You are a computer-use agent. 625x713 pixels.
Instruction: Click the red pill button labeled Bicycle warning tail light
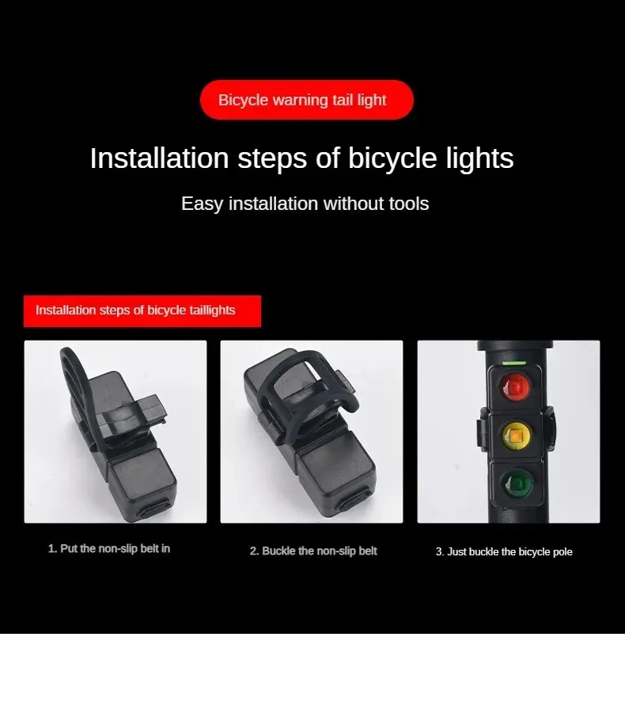coord(307,100)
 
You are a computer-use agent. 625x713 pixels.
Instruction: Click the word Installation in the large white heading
coord(160,158)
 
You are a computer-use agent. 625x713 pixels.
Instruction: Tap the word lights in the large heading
coord(479,158)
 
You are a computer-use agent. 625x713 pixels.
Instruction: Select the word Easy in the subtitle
coord(202,204)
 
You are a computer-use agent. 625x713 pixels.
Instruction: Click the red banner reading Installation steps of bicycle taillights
coord(142,311)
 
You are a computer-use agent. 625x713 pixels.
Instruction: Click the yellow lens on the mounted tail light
coord(517,436)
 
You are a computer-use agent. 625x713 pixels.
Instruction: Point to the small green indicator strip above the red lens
coord(514,364)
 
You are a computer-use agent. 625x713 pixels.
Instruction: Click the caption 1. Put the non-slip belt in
coord(109,549)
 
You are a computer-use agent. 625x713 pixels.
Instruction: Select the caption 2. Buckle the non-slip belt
coord(313,551)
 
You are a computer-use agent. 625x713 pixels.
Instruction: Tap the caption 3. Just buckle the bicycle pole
coord(504,552)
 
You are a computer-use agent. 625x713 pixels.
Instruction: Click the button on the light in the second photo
coord(354,501)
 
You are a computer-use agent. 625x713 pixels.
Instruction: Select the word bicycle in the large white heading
coord(392,159)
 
